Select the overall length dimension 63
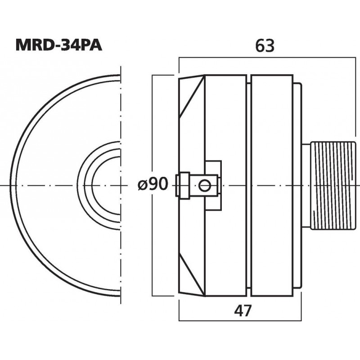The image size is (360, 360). (264, 45)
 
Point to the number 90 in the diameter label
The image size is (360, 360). (158, 184)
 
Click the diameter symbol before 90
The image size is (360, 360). (142, 184)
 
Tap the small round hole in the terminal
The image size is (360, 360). (205, 184)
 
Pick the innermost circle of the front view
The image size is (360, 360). (106, 185)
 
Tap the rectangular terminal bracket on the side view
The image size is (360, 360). (213, 169)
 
